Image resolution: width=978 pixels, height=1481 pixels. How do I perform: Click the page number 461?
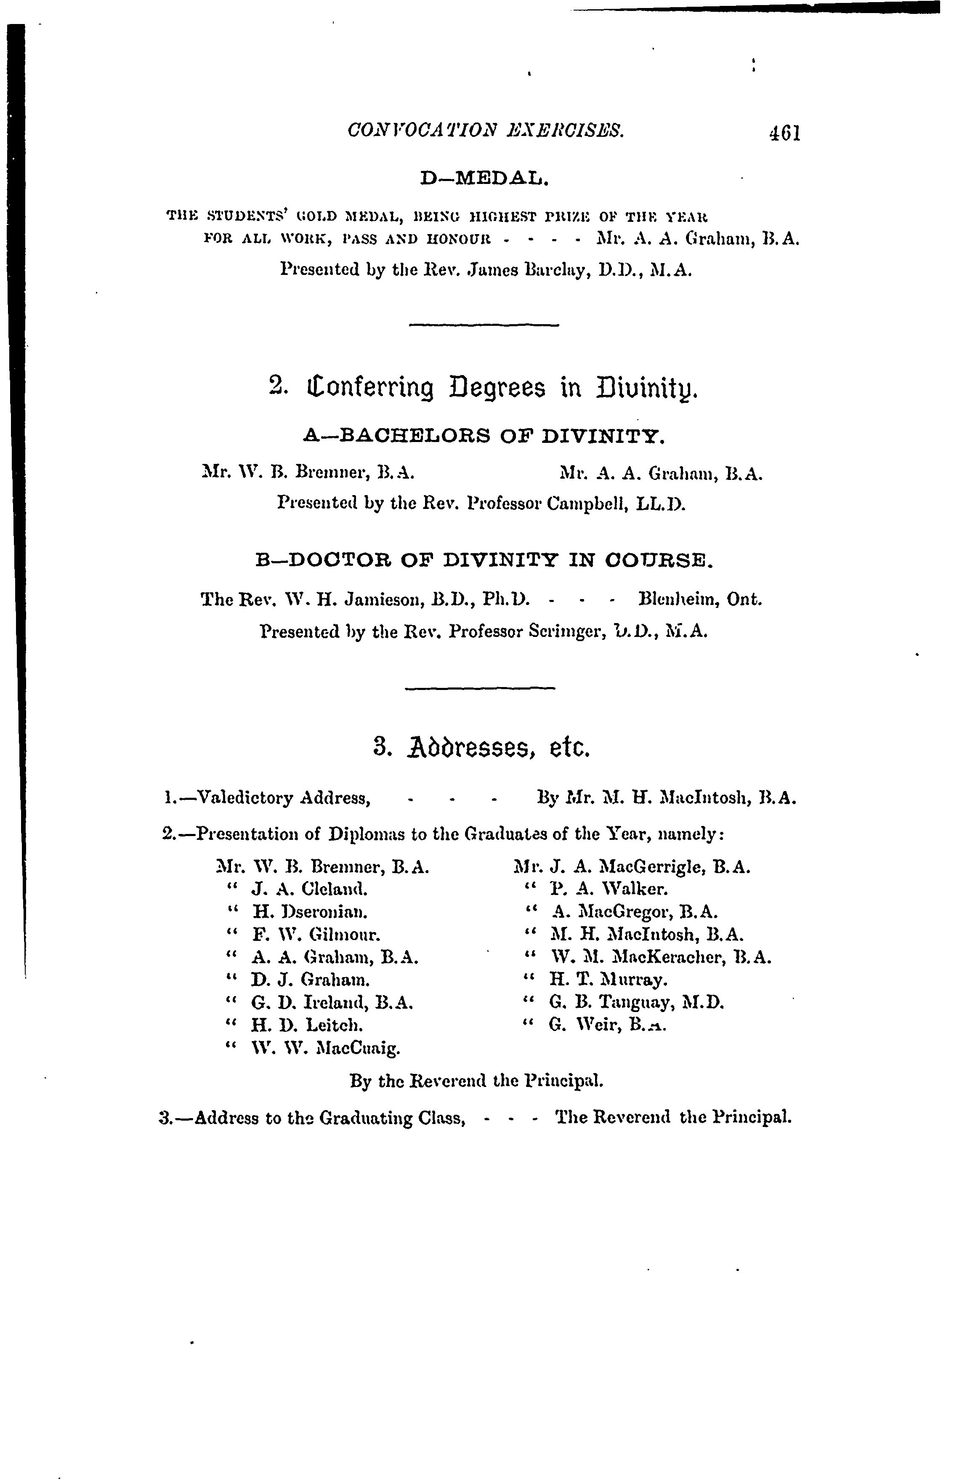(784, 133)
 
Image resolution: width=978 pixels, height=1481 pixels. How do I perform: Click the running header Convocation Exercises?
(485, 131)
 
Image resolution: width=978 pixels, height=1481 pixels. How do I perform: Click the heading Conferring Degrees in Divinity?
(485, 389)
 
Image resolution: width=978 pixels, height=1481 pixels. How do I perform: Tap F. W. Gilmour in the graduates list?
(316, 935)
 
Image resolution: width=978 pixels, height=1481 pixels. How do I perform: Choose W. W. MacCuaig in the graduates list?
(324, 1048)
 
